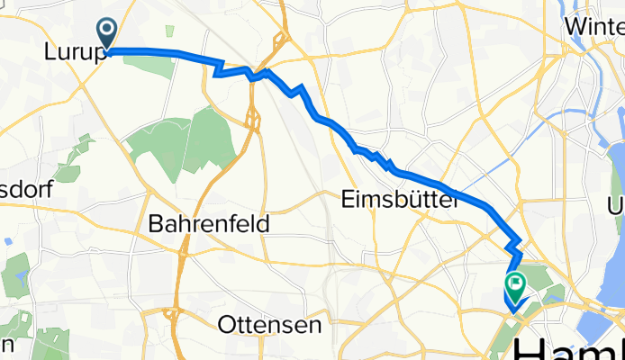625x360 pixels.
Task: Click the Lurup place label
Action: click(x=71, y=53)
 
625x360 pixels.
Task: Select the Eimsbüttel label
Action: click(x=400, y=202)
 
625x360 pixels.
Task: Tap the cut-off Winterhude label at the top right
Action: click(x=595, y=27)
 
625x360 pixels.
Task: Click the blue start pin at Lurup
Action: click(x=107, y=34)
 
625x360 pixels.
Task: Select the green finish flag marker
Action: click(x=515, y=287)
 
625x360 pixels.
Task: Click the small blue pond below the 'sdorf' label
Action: click(x=8, y=241)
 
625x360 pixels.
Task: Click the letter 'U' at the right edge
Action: click(x=616, y=204)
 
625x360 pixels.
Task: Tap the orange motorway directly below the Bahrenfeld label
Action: click(x=180, y=261)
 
